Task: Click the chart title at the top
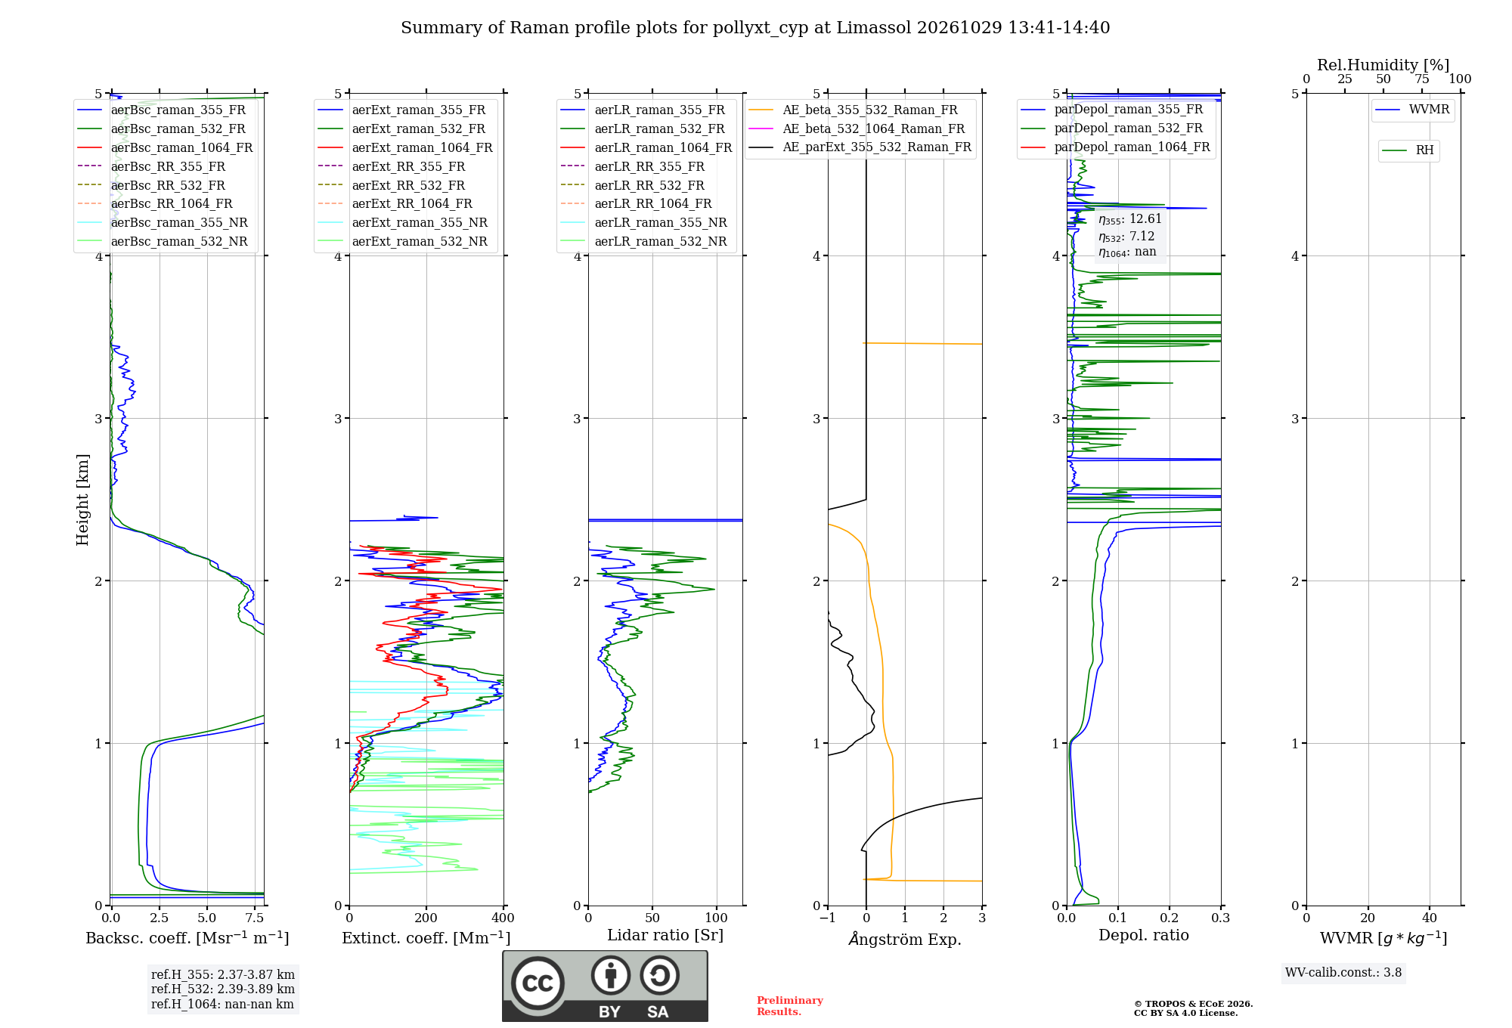pos(755,28)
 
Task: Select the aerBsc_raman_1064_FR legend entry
pos(165,147)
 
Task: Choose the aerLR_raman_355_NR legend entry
pos(643,222)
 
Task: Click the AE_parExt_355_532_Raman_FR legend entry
pos(860,147)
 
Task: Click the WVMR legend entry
pos(1412,110)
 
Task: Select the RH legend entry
pos(1408,150)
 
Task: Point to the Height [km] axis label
pos(82,500)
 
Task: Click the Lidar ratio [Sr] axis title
pos(665,935)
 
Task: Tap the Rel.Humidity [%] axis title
pos(1383,65)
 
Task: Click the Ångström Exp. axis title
pos(905,939)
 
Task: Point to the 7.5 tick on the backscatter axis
pos(255,918)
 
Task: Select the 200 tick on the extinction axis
pos(426,918)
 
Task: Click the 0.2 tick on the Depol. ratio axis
pos(1170,918)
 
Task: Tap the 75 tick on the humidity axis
pos(1422,79)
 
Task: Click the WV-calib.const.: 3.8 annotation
pos(1343,973)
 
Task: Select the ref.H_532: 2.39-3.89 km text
pos(223,989)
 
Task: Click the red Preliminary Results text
pos(790,1006)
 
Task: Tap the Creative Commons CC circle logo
pos(538,983)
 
